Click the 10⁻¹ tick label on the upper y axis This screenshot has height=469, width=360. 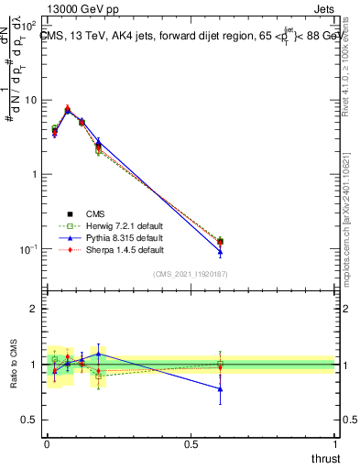click(x=30, y=249)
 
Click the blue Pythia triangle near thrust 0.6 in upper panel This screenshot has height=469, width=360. click(x=220, y=252)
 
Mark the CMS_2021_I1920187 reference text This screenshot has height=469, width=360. click(x=190, y=274)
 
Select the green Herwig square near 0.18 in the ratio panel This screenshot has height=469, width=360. click(x=99, y=376)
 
